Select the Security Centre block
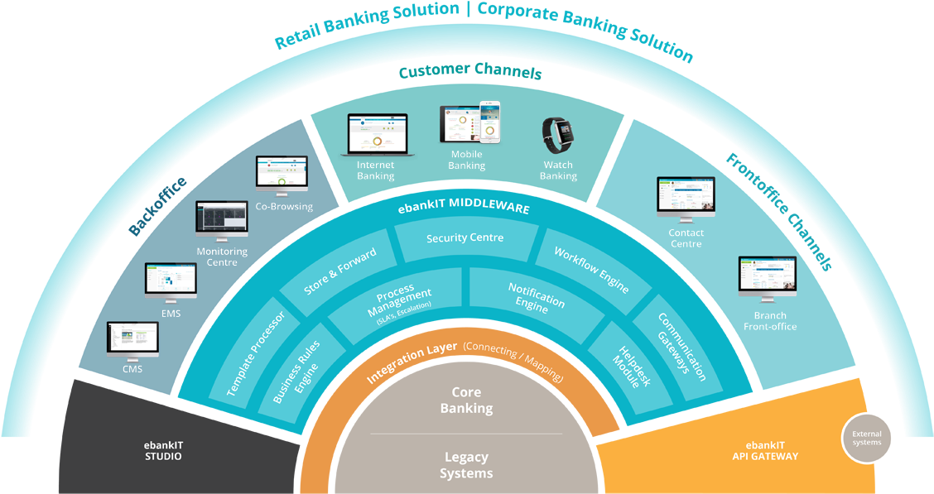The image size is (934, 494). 465,238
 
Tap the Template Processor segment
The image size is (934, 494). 256,352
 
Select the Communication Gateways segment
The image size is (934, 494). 681,347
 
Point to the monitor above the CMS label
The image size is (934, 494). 132,340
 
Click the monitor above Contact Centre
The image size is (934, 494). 686,199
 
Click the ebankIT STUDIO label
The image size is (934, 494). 162,450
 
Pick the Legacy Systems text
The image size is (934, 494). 466,465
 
